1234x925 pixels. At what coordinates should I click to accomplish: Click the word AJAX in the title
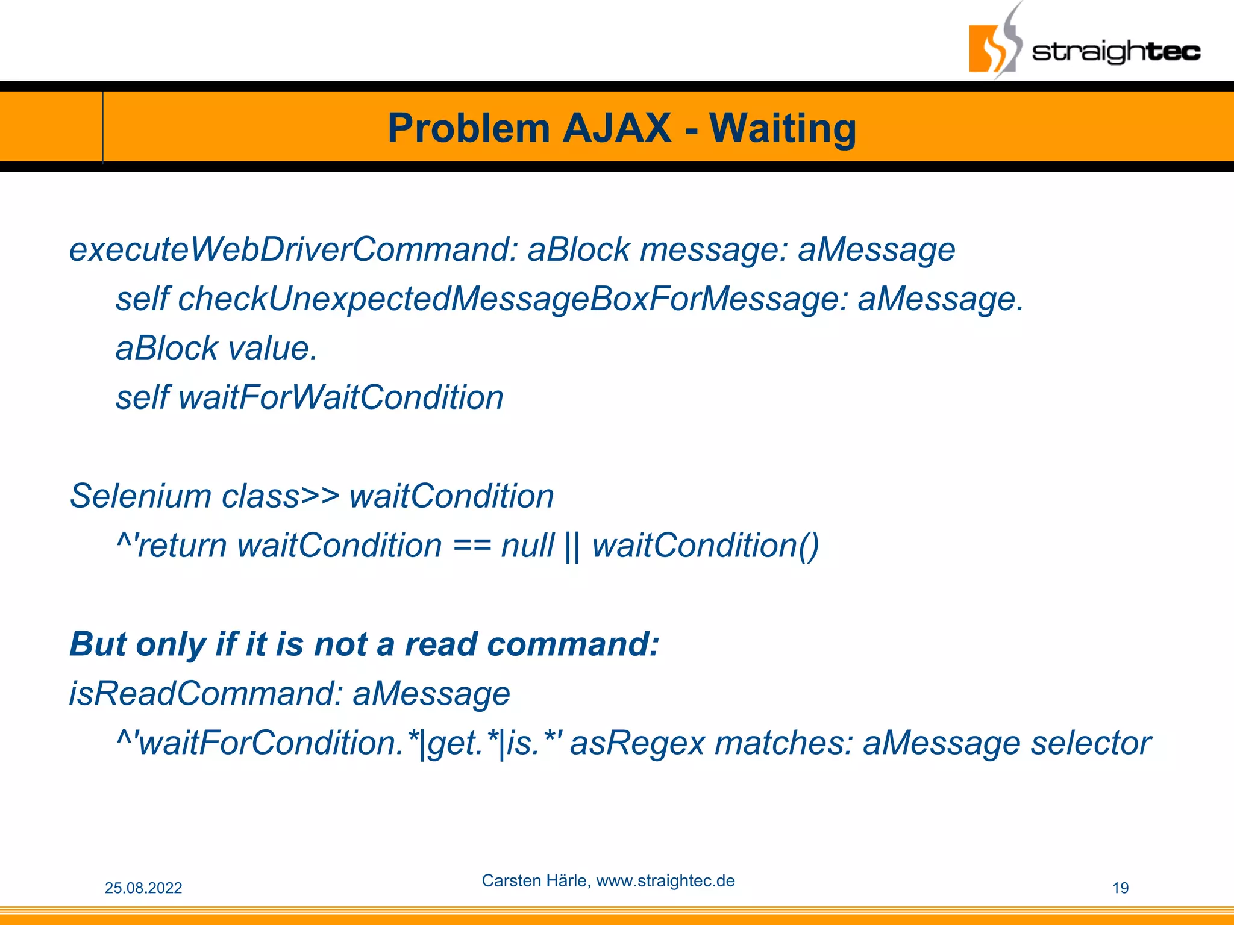pos(616,128)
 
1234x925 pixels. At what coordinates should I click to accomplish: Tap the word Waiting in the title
pos(782,128)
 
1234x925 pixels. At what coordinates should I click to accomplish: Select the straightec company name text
pos(1116,51)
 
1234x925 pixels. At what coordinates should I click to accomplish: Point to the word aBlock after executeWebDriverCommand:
pos(578,250)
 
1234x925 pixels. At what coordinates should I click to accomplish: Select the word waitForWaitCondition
pos(341,398)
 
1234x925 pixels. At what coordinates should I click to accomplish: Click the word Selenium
pos(140,497)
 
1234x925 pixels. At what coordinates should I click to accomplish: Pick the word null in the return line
pos(527,546)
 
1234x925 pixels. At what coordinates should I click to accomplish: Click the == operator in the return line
pos(472,546)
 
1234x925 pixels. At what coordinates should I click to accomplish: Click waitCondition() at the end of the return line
pos(705,546)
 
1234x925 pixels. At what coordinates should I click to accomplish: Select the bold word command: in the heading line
pos(572,644)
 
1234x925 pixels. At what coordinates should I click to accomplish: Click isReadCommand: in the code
pos(205,694)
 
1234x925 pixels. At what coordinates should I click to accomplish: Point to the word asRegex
pos(637,743)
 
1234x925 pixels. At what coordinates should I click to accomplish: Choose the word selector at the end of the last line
pos(1091,743)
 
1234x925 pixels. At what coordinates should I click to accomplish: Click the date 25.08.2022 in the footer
pos(143,888)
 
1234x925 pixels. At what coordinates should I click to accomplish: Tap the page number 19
pos(1120,888)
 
